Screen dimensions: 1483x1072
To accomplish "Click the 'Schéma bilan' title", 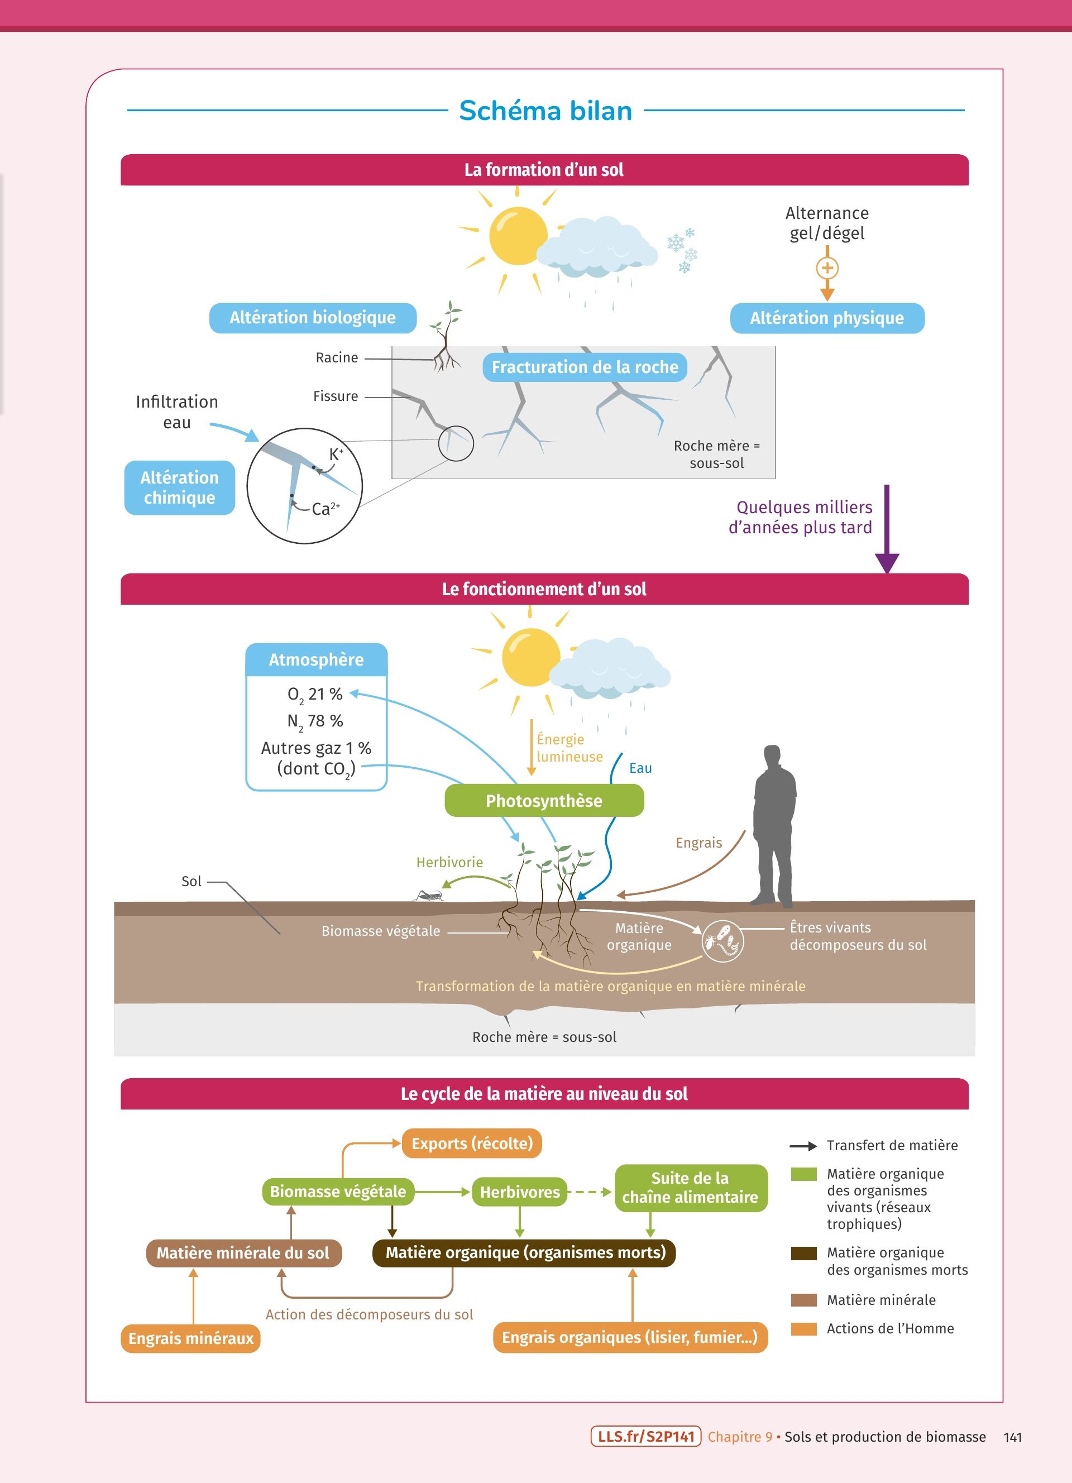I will click(x=545, y=111).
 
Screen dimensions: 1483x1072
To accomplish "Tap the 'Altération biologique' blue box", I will click(x=313, y=318).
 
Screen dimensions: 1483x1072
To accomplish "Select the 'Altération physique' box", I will click(x=827, y=318).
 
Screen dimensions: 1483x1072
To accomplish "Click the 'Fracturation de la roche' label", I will click(x=585, y=367).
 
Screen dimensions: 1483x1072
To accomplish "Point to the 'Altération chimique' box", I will click(x=179, y=488).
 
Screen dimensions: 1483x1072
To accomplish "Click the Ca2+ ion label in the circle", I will click(x=325, y=509).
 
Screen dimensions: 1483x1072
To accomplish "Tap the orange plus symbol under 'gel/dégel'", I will click(x=827, y=268).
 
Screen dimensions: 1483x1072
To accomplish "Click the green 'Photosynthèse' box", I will click(x=544, y=801).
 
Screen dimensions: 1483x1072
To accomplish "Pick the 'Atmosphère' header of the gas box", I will click(x=317, y=660).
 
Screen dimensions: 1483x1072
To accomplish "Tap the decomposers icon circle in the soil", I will click(x=722, y=941).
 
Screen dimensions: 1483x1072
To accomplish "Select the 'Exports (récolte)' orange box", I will click(x=472, y=1144).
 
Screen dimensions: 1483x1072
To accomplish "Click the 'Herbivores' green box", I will click(x=520, y=1192).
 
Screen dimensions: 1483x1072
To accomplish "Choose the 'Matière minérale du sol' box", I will click(x=243, y=1253).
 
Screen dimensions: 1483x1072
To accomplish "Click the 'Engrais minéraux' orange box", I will click(x=190, y=1338).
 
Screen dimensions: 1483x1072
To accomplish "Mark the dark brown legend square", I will click(x=803, y=1253).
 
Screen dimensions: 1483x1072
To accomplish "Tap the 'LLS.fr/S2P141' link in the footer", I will click(x=645, y=1437).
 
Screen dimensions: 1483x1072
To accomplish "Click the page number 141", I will click(x=1012, y=1437).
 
